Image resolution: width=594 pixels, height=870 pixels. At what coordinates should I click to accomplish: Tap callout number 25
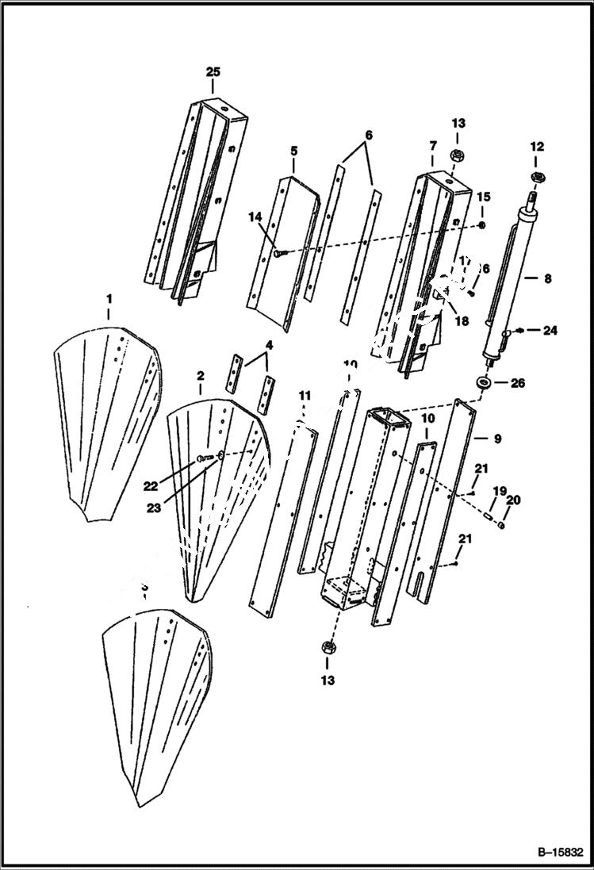(213, 72)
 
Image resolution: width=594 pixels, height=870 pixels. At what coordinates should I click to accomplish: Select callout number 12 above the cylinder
(537, 147)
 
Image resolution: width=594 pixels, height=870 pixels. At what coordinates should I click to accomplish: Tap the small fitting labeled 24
(519, 332)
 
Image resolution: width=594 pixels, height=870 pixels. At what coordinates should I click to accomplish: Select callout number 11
(305, 395)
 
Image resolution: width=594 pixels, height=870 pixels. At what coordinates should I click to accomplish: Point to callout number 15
(483, 197)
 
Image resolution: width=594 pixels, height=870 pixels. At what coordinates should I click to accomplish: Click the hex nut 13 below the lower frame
(327, 649)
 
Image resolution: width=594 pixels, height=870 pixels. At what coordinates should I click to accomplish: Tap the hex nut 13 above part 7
(458, 155)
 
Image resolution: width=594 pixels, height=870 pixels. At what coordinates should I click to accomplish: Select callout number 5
(293, 150)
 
